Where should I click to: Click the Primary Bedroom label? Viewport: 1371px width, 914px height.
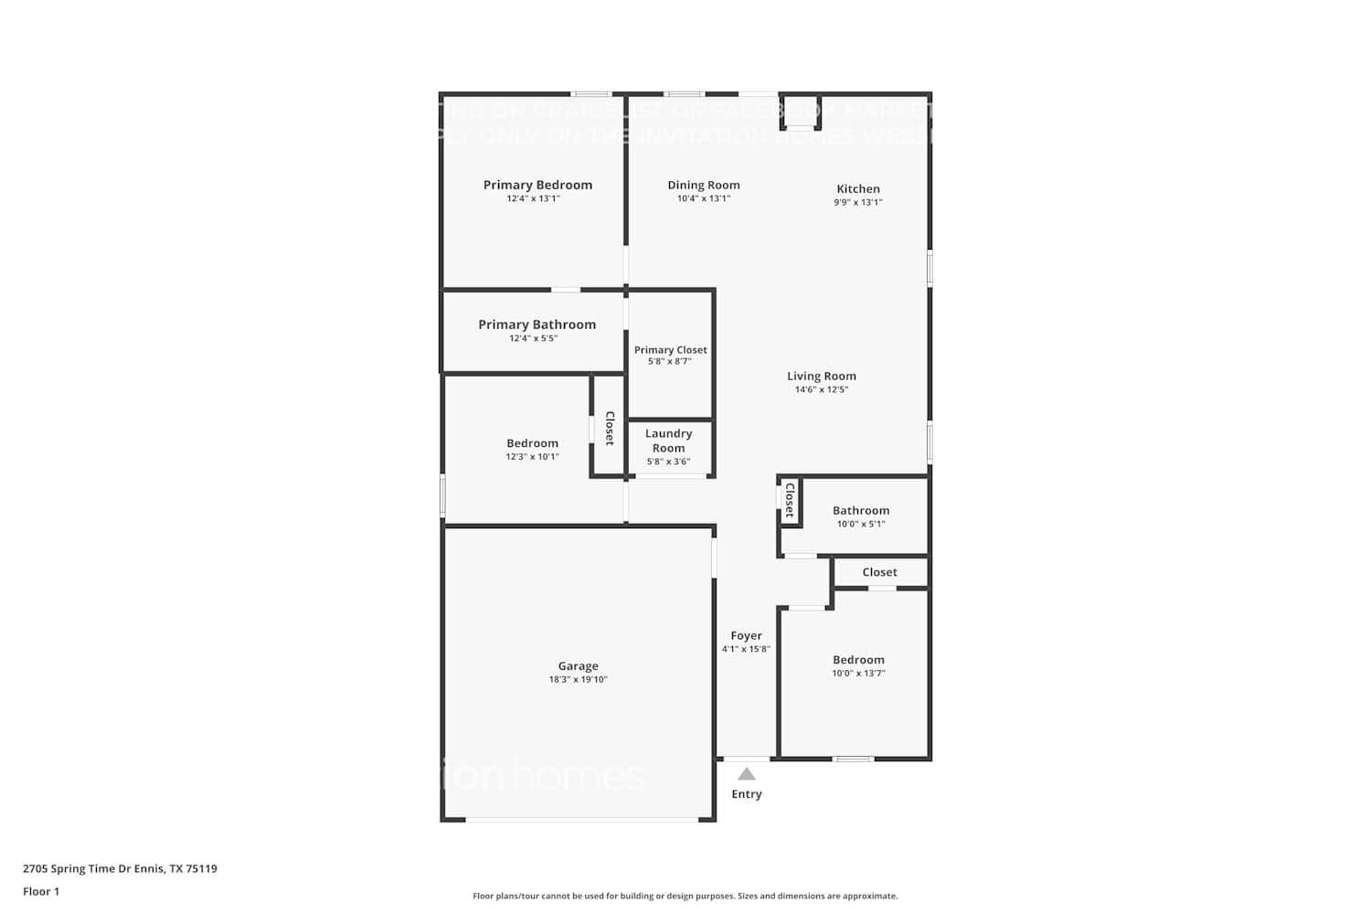click(x=537, y=185)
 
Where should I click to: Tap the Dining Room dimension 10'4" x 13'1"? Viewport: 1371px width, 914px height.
click(x=703, y=198)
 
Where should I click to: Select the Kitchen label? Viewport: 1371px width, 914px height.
click(x=857, y=189)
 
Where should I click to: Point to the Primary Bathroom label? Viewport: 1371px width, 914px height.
click(x=537, y=324)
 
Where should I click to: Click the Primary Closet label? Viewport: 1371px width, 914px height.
click(x=670, y=350)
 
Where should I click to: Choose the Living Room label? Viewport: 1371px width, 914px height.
click(x=821, y=376)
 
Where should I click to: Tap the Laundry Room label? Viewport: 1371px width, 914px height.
click(x=668, y=441)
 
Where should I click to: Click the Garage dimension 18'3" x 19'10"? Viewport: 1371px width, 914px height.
click(x=578, y=679)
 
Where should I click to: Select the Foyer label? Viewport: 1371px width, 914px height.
click(x=746, y=635)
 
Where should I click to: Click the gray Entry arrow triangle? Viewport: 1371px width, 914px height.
click(x=747, y=774)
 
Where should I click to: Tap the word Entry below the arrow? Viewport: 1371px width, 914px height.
click(x=746, y=794)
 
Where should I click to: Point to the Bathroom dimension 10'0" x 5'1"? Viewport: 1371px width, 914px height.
click(x=860, y=524)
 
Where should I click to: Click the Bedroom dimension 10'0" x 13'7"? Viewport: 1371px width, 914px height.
click(x=857, y=674)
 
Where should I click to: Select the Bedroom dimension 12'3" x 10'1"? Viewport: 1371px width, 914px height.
click(x=532, y=457)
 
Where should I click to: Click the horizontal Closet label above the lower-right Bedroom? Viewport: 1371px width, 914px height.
click(x=879, y=572)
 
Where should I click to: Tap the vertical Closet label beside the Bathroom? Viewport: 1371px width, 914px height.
click(x=790, y=501)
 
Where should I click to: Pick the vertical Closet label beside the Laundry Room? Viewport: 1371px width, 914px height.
click(x=610, y=428)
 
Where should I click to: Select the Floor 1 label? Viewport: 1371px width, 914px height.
click(x=41, y=892)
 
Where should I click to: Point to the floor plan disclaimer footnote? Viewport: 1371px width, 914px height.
click(x=685, y=896)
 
